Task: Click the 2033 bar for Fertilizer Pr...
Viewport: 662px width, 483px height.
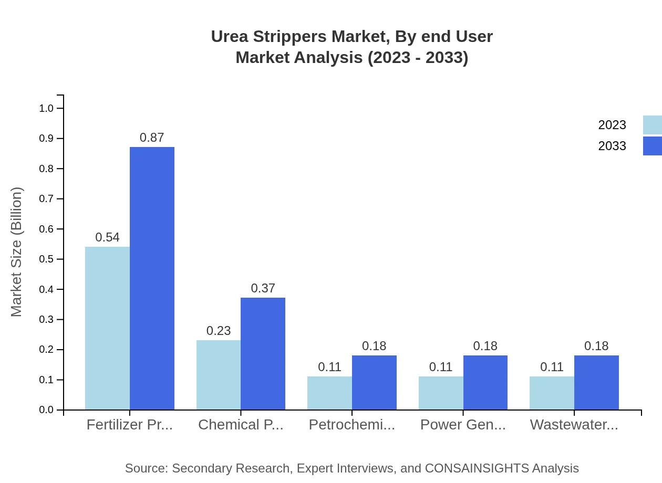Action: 152,278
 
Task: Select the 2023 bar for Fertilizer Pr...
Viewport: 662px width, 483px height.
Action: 107,328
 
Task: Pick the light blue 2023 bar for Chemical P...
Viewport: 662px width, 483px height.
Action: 219,375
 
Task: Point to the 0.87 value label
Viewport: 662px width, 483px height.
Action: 152,138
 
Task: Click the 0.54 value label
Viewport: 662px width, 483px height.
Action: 107,237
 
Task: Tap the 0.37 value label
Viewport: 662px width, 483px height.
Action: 263,288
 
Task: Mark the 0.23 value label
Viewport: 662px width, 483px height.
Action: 219,331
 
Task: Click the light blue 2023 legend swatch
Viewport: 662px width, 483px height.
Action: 652,125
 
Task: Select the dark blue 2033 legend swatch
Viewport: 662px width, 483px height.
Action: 652,146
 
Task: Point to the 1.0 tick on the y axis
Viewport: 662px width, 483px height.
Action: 46,108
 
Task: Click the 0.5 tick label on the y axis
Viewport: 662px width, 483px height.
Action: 46,259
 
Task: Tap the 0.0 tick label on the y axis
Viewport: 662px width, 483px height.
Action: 46,410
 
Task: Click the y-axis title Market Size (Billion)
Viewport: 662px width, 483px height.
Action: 16,252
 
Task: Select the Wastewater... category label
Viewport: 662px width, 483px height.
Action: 574,425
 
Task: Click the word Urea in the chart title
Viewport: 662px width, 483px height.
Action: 230,37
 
